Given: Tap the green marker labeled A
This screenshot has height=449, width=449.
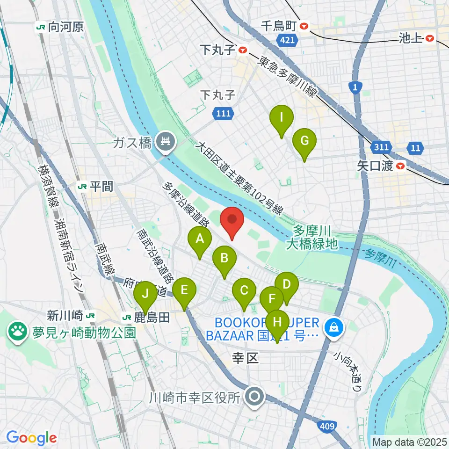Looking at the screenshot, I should tap(200, 242).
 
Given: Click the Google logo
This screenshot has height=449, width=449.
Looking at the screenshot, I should tap(32, 437).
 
